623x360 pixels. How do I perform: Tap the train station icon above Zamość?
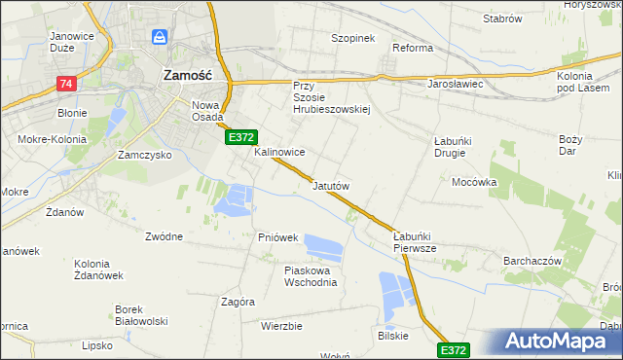161,39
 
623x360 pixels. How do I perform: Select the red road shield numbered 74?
66,85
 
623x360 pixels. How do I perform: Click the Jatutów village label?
331,185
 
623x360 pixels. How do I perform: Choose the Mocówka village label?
474,182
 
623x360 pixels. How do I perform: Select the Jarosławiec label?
456,84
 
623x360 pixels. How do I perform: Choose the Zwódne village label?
164,235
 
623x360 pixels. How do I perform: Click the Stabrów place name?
502,18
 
